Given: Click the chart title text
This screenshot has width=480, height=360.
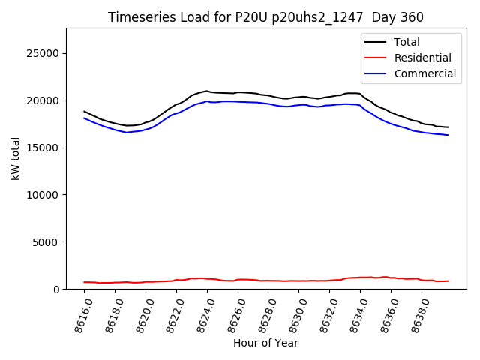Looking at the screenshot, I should (265, 17).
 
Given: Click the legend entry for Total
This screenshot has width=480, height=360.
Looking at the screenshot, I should (406, 43).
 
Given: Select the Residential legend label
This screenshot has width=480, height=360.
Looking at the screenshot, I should (422, 58).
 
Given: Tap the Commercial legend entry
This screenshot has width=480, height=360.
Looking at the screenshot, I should (424, 73).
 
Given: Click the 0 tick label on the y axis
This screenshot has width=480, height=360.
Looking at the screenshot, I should (56, 289).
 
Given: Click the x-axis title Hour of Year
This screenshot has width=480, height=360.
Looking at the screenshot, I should (265, 343).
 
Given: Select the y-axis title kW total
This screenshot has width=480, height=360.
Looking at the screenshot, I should (15, 158).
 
